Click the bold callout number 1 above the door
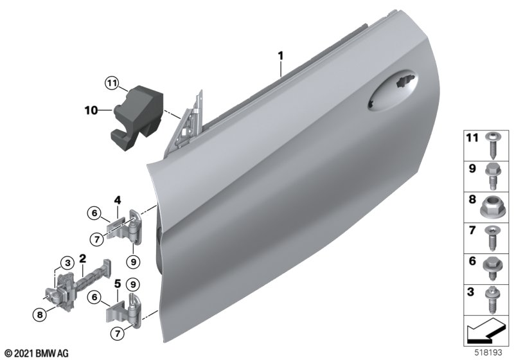click(x=281, y=56)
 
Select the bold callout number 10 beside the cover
click(x=91, y=111)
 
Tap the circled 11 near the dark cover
click(x=112, y=84)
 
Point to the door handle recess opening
click(x=393, y=90)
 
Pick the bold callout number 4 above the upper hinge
click(x=118, y=200)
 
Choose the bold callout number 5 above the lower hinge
click(x=118, y=283)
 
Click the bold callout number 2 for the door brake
click(x=83, y=258)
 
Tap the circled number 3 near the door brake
click(x=67, y=262)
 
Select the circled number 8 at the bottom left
click(x=40, y=315)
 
